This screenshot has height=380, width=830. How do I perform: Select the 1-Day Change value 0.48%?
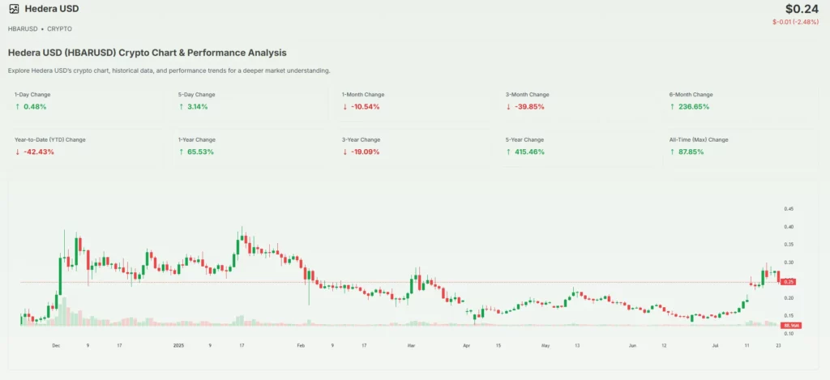tap(36, 107)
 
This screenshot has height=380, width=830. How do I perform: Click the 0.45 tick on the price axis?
tap(789, 209)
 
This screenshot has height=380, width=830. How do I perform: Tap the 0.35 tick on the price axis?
tap(789, 245)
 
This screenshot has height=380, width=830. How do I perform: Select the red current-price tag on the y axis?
tap(788, 282)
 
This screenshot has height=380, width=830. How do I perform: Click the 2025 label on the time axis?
tap(180, 345)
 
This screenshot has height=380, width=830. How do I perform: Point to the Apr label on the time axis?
tap(468, 345)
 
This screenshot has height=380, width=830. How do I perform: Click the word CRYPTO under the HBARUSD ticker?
tap(60, 29)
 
